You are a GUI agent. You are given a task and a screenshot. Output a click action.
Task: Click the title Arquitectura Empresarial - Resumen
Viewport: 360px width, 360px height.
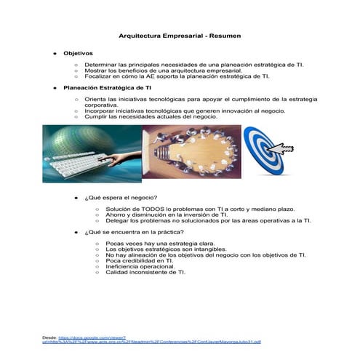coord(180,36)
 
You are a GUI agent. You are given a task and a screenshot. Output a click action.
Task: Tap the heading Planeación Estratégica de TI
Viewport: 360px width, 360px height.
coord(107,87)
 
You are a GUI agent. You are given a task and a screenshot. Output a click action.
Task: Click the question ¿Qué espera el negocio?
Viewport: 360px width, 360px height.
coord(121,198)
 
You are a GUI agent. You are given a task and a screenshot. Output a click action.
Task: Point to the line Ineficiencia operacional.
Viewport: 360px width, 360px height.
coord(141,266)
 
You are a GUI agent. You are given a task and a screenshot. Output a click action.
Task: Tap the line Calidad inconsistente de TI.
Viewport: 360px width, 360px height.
coord(145,272)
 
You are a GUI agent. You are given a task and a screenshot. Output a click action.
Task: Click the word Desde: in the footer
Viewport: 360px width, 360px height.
coord(50,337)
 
